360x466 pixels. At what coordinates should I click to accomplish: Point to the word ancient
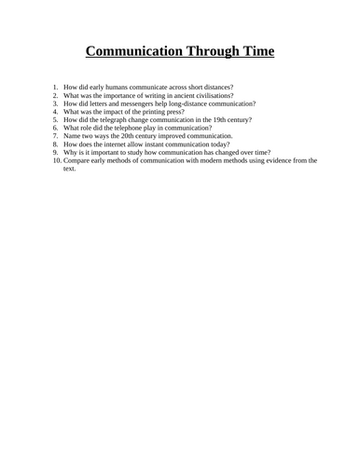(x=176, y=96)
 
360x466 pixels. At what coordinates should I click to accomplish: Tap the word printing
(x=168, y=115)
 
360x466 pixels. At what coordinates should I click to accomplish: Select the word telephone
(x=123, y=132)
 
